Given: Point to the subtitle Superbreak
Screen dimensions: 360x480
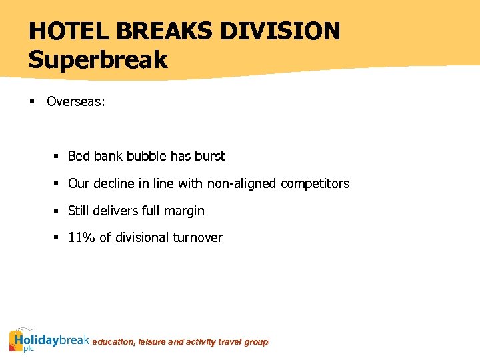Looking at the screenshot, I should click(98, 60).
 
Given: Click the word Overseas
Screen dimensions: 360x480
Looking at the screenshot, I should click(75, 102).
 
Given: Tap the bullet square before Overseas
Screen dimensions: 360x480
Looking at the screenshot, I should click(32, 102).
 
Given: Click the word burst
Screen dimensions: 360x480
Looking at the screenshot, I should click(210, 157).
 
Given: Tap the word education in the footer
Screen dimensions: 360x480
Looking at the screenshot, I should click(113, 342).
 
